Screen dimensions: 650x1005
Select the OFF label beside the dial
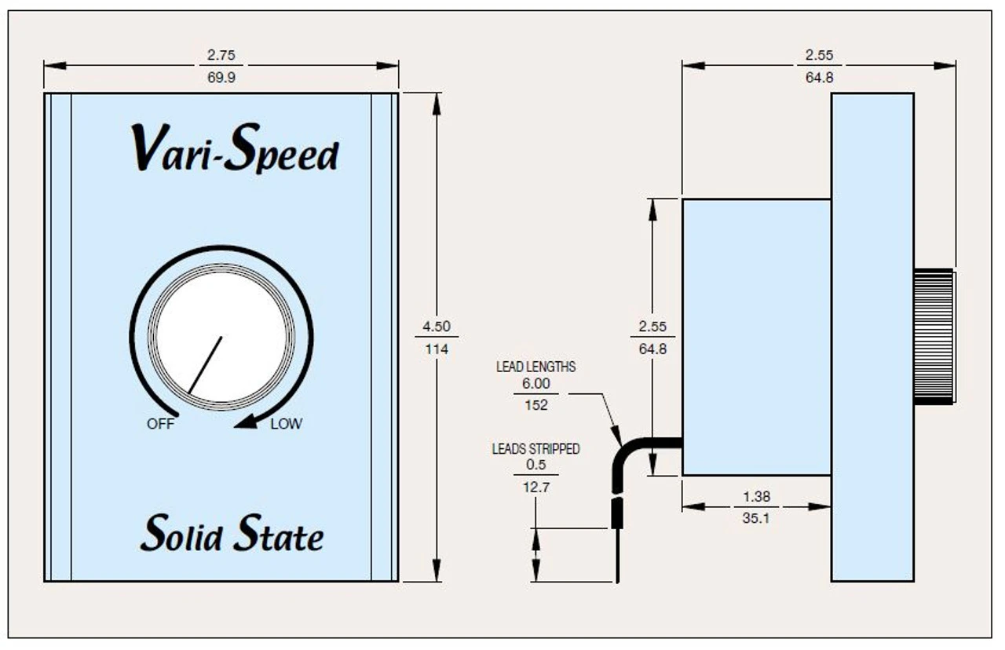[x=160, y=425]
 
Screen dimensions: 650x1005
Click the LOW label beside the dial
[x=286, y=425]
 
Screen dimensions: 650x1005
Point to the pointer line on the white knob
[x=205, y=365]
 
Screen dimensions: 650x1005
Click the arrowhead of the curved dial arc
[x=247, y=422]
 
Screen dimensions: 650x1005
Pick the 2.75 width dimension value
[x=221, y=55]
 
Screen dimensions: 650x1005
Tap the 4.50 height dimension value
[x=437, y=327]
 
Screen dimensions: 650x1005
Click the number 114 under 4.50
[x=437, y=349]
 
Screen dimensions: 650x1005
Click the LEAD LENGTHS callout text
[x=535, y=367]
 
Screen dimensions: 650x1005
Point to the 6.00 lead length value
[x=535, y=384]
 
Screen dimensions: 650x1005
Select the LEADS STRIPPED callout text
[x=535, y=449]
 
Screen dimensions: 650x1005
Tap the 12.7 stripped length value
[x=535, y=487]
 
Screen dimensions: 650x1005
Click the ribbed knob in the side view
[x=934, y=337]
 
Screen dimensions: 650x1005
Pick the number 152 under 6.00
[x=535, y=405]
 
